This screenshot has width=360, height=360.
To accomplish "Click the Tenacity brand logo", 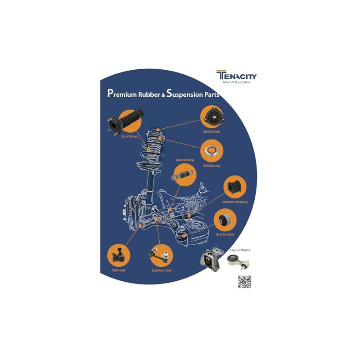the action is [236, 75].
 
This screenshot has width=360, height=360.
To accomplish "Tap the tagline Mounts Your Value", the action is [237, 82].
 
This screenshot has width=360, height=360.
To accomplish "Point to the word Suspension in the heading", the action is [186, 94].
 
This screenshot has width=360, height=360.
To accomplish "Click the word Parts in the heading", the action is [213, 94].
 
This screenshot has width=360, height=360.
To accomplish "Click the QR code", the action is [244, 281].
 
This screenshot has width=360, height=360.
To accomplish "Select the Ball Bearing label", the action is [211, 166].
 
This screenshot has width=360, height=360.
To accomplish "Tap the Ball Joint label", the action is [119, 270].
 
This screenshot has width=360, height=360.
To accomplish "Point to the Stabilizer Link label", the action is [161, 270].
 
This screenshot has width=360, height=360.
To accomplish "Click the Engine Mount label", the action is [240, 250].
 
